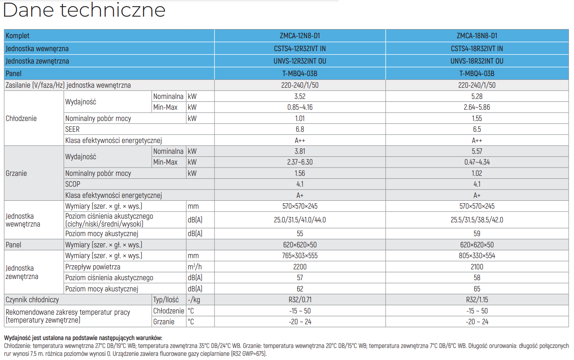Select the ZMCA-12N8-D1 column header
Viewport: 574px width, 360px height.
pos(300,36)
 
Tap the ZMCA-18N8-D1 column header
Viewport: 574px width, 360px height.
pos(477,36)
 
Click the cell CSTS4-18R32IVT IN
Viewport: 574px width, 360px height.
pos(477,48)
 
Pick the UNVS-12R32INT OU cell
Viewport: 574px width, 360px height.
pos(300,61)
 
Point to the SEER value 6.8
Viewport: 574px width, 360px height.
pos(300,129)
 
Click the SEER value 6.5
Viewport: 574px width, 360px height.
pos(477,129)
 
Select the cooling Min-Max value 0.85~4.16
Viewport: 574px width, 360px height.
pos(300,107)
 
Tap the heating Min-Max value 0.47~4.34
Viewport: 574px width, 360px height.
pos(477,162)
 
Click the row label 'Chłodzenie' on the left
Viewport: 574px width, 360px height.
pos(21,118)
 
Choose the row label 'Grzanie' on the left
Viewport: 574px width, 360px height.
pos(16,173)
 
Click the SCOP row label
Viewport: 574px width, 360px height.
pos(72,184)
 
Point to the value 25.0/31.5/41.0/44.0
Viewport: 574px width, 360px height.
pos(300,220)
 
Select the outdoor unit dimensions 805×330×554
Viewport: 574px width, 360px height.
pos(477,256)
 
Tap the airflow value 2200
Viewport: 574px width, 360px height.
pos(300,267)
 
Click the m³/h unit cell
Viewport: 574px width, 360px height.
pos(195,267)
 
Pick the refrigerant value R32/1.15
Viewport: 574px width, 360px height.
pos(477,300)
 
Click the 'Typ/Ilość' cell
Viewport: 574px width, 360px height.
pos(166,300)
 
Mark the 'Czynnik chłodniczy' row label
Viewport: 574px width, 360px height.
pos(32,300)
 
